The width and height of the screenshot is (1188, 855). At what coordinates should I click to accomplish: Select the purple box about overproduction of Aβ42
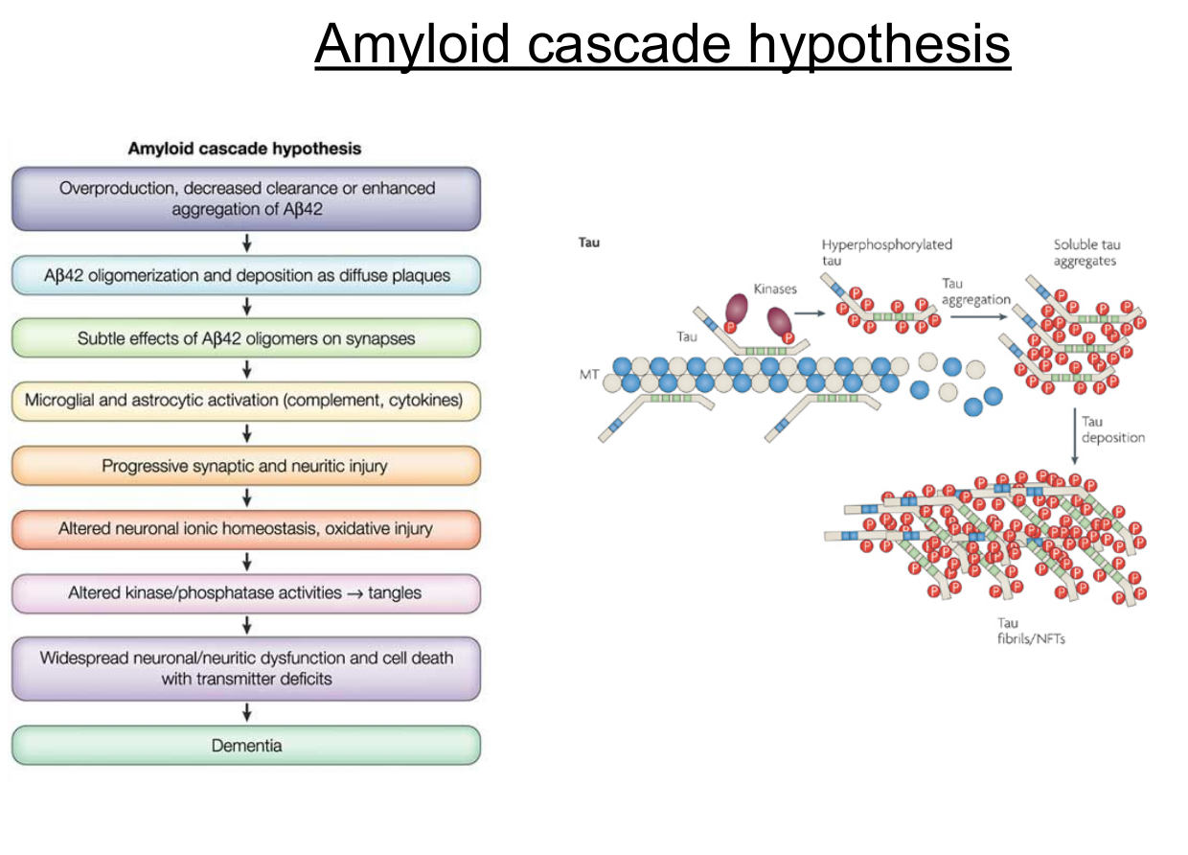[246, 199]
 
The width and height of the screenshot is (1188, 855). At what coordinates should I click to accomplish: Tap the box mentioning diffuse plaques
[246, 275]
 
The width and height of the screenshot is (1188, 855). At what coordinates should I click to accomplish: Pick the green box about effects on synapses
[246, 338]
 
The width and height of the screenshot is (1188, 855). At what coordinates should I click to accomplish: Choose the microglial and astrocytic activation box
[246, 401]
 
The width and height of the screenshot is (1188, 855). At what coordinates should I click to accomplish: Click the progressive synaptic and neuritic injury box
[246, 466]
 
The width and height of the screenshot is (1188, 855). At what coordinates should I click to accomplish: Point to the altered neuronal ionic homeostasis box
[246, 529]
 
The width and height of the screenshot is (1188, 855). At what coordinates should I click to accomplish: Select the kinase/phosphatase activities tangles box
[246, 593]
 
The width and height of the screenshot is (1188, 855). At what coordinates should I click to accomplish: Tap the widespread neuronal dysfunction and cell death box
[246, 668]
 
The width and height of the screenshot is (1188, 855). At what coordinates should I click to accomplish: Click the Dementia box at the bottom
[246, 745]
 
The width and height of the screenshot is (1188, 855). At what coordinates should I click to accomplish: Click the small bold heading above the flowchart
[245, 149]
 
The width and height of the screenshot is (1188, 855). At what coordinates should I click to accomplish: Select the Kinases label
[775, 289]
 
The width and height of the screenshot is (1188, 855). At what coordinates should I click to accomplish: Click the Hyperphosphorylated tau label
[886, 251]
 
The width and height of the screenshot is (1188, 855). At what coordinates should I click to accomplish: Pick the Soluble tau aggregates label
[1086, 252]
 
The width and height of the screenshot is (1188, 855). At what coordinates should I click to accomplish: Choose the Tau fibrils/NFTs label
[1030, 631]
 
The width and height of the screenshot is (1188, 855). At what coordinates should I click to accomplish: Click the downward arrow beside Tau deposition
[1073, 436]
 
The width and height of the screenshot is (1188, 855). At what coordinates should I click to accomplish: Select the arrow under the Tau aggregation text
[975, 313]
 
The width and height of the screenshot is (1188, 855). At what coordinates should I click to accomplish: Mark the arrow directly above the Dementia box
[247, 712]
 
